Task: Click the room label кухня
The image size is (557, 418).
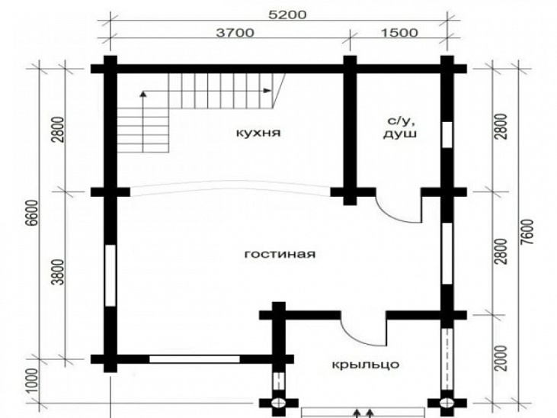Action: point(258,133)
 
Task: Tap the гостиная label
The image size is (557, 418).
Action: point(280,254)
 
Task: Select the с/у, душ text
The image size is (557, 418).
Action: point(399,127)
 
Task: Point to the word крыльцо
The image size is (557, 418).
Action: point(366,365)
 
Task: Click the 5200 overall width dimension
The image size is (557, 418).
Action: point(287,15)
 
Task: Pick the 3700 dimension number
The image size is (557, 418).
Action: point(235,33)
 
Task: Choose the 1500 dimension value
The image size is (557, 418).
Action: point(399,33)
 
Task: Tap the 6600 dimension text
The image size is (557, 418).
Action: point(33,213)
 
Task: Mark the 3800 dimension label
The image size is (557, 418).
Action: point(60,272)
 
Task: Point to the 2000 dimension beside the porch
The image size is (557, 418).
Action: point(501,358)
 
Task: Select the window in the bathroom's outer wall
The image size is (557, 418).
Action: point(447,134)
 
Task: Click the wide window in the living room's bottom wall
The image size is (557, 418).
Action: point(194,359)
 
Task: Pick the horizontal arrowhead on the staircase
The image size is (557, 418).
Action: point(267,90)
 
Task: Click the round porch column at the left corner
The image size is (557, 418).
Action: point(279,403)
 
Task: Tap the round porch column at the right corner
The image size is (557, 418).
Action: point(447,403)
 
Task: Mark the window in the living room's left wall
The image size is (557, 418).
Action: point(110,275)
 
